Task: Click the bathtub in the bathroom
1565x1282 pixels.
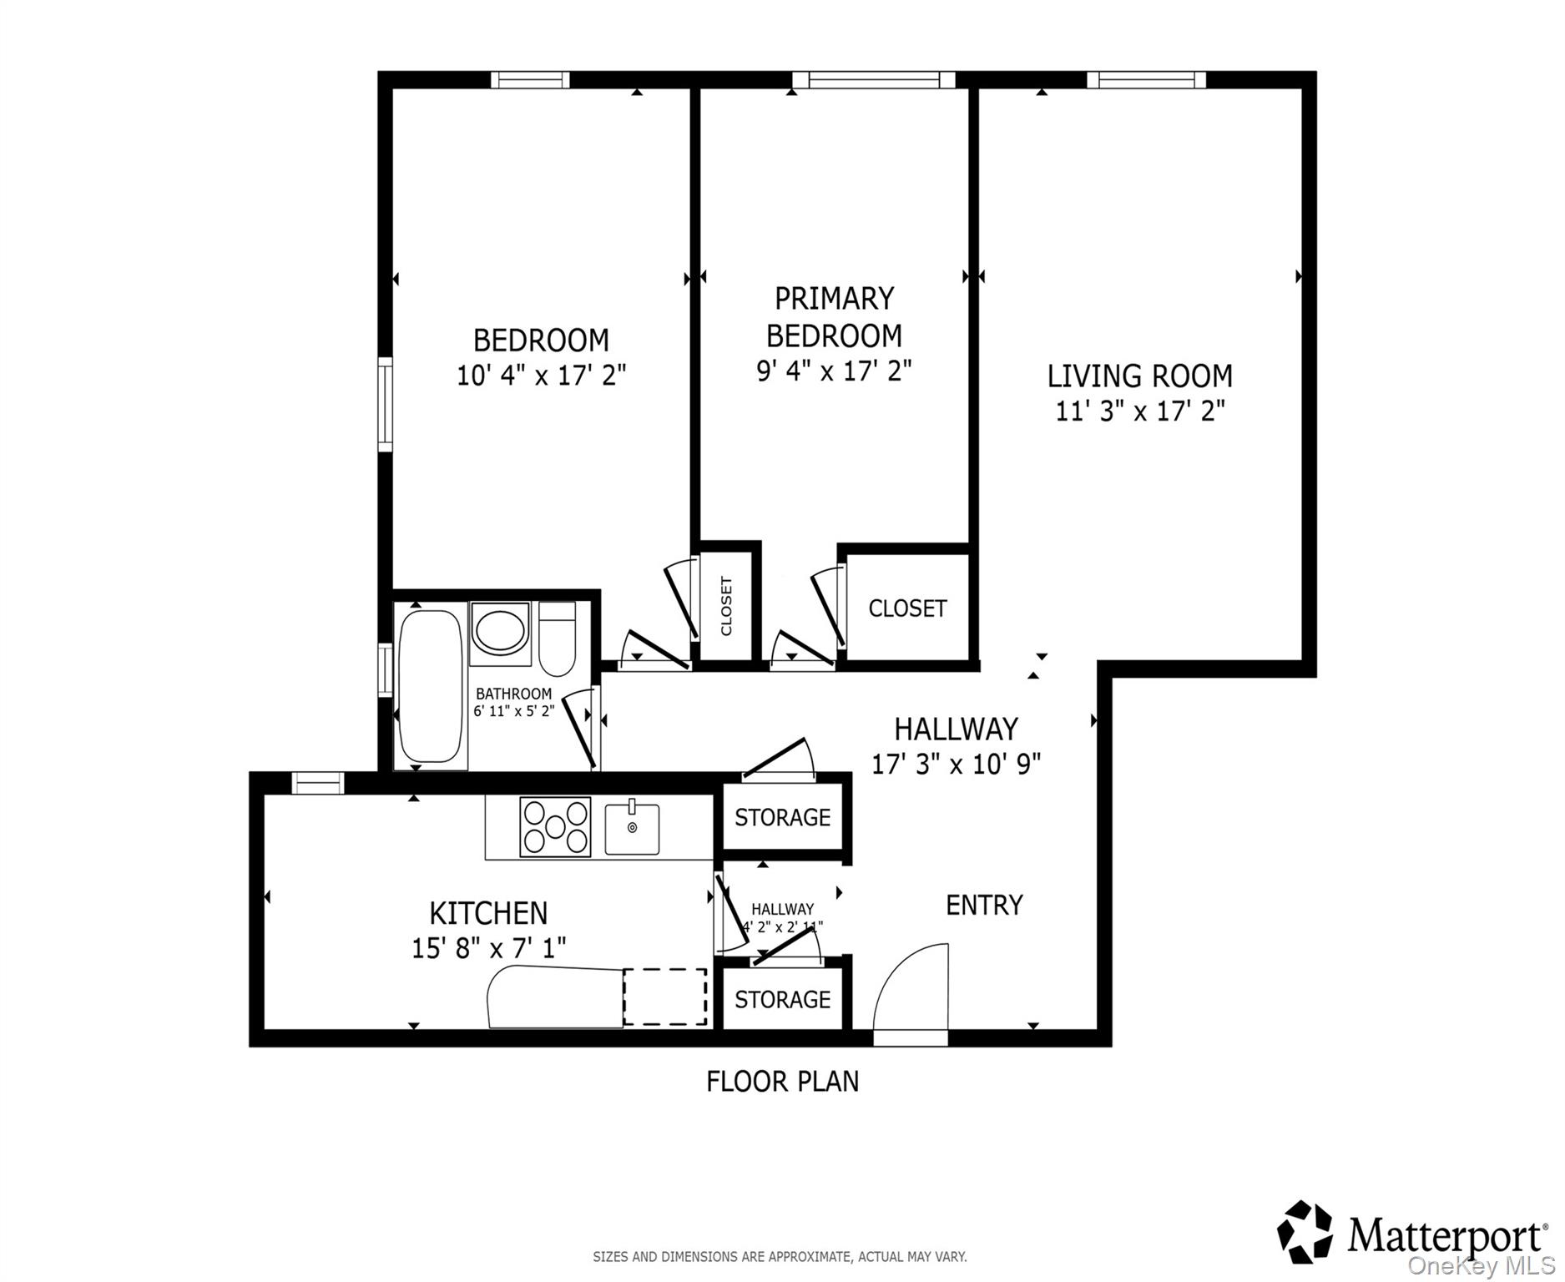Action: [430, 686]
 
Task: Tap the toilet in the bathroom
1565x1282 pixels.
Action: [557, 641]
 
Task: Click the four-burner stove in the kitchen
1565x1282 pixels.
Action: [555, 827]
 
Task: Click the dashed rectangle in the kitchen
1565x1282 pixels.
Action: [665, 997]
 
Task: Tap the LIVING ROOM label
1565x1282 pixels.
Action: [1139, 376]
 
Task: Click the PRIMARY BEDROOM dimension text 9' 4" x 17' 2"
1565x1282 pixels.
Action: [834, 371]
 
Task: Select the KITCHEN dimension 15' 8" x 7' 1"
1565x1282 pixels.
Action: [488, 948]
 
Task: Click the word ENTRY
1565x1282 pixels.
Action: [984, 905]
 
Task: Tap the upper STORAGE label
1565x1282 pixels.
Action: [782, 817]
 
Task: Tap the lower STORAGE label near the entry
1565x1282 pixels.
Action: [782, 999]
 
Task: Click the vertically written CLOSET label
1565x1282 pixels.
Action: [726, 606]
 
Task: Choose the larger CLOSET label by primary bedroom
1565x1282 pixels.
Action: [907, 608]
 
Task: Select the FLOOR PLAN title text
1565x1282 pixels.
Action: [782, 1082]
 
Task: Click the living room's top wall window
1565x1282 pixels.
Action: [1146, 79]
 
